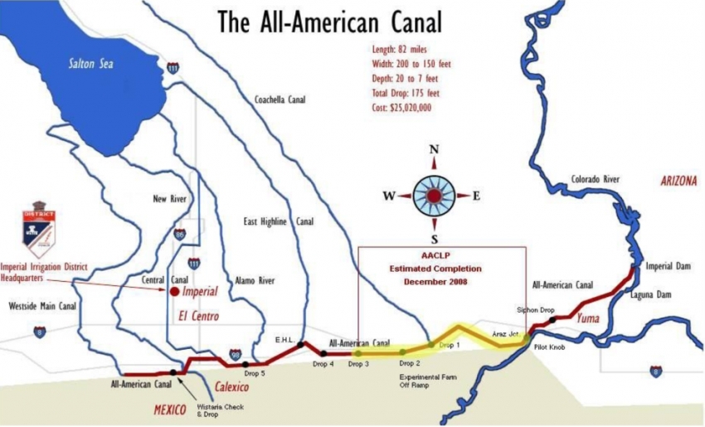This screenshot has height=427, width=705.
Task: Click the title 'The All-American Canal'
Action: tap(329, 22)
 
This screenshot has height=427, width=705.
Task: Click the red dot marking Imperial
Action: tap(174, 292)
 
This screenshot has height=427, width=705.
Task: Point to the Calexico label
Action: tap(232, 386)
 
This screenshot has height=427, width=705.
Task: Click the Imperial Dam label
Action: tap(669, 267)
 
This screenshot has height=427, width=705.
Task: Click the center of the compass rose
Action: tap(433, 197)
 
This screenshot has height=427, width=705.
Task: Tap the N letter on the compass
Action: tap(433, 150)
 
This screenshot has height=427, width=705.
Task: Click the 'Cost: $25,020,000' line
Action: tap(401, 108)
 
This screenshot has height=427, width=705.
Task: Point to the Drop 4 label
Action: tap(323, 364)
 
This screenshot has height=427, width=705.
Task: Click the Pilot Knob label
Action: tap(548, 347)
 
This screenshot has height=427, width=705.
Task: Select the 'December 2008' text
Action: tap(435, 282)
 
